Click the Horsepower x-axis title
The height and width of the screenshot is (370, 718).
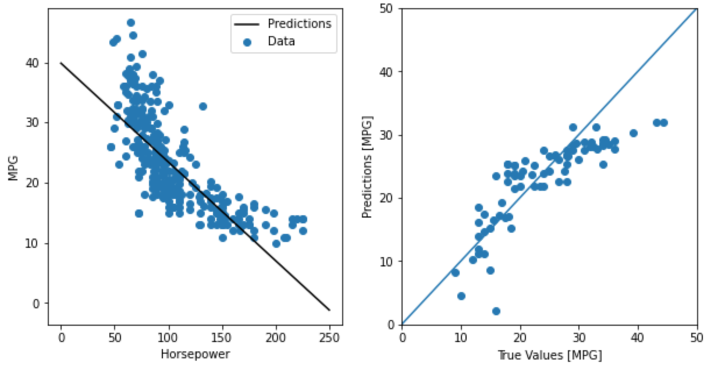(x=195, y=354)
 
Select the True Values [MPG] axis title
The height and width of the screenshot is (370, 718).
(x=549, y=354)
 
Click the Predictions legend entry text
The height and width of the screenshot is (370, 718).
(x=299, y=24)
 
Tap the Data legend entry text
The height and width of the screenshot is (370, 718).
(x=281, y=41)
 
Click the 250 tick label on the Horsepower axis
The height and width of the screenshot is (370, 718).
(x=329, y=337)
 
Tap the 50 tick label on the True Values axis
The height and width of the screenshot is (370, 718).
(x=696, y=337)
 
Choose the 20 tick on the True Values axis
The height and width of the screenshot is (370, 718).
(x=520, y=337)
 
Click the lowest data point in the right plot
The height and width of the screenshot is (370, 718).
(x=496, y=311)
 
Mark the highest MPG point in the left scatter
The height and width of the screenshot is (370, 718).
(x=131, y=23)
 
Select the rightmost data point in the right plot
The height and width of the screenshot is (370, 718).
(x=663, y=123)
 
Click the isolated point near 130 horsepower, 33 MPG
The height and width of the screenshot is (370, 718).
(x=202, y=106)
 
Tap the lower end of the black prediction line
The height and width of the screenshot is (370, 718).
(x=329, y=309)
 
